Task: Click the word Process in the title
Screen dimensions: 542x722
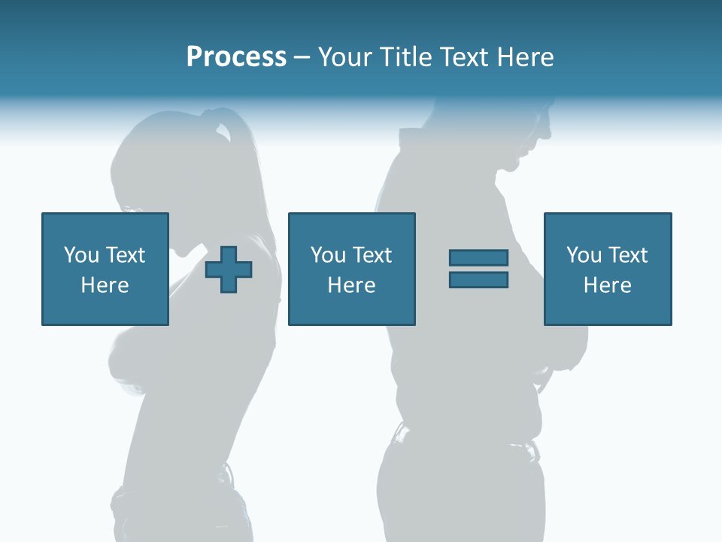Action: (x=236, y=57)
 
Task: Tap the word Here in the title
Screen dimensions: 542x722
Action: (x=523, y=57)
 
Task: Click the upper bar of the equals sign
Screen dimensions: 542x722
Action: (x=478, y=257)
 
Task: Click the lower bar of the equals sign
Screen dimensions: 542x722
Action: (x=478, y=280)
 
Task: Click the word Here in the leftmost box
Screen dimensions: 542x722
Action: (x=105, y=285)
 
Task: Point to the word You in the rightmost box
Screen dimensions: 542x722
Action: (x=584, y=255)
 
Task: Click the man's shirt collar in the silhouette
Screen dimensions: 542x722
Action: (x=417, y=139)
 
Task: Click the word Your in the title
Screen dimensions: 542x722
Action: (x=347, y=57)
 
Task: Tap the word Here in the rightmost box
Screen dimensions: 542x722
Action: (x=607, y=285)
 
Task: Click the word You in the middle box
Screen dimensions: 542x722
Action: (x=328, y=255)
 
